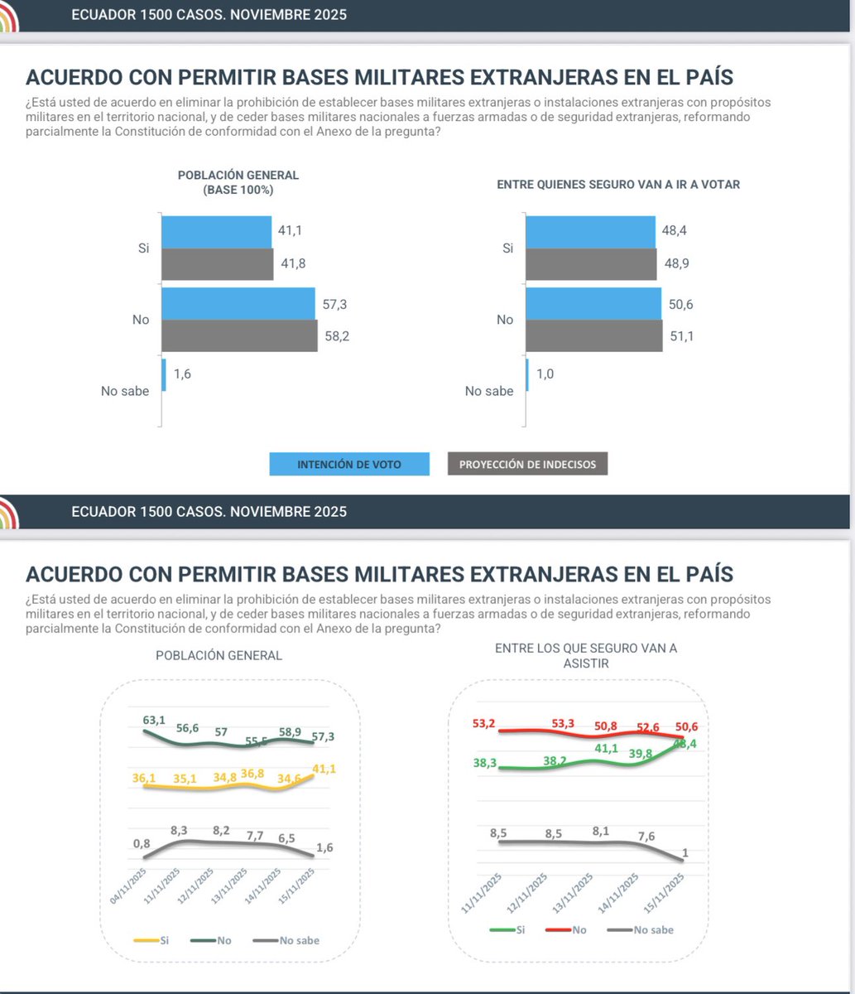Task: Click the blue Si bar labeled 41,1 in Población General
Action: (216, 232)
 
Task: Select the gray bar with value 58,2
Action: (239, 335)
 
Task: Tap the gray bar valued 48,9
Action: (594, 263)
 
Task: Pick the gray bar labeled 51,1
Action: (593, 335)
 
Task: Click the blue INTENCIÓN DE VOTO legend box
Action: (349, 465)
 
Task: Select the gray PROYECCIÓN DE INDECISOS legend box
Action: (527, 465)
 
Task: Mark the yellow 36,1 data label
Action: (145, 778)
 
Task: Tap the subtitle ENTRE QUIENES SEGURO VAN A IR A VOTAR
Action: (617, 185)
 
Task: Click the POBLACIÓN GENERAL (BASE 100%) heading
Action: (238, 182)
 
